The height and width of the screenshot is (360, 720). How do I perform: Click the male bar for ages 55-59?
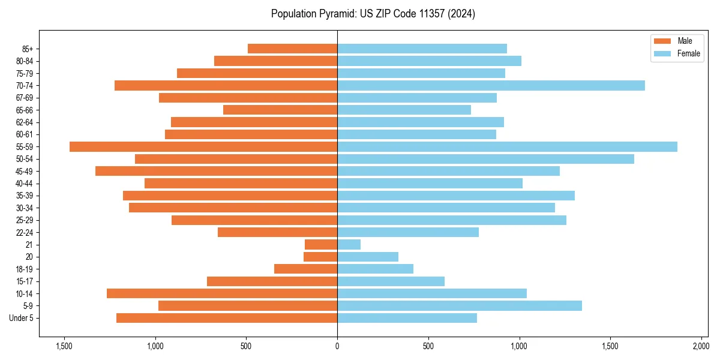(x=203, y=146)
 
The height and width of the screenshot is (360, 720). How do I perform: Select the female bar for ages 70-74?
(x=491, y=85)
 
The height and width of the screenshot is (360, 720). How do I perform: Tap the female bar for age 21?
(x=349, y=244)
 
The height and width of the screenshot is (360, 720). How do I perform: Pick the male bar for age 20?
(x=320, y=257)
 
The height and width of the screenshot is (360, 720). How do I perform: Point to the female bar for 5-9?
(x=459, y=305)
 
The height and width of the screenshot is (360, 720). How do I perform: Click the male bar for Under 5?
(x=227, y=318)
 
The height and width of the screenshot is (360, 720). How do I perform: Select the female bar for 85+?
(x=422, y=49)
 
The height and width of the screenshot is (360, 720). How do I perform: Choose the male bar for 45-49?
(x=216, y=171)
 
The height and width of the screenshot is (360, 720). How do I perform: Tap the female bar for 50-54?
(x=485, y=158)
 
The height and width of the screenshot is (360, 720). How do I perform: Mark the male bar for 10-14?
(x=222, y=293)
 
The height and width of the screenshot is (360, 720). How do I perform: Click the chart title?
(x=373, y=14)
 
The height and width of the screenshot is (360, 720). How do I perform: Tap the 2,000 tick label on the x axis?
(x=701, y=346)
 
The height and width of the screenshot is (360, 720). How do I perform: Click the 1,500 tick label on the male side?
(x=64, y=346)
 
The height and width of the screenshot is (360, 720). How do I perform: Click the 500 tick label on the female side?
(x=428, y=346)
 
